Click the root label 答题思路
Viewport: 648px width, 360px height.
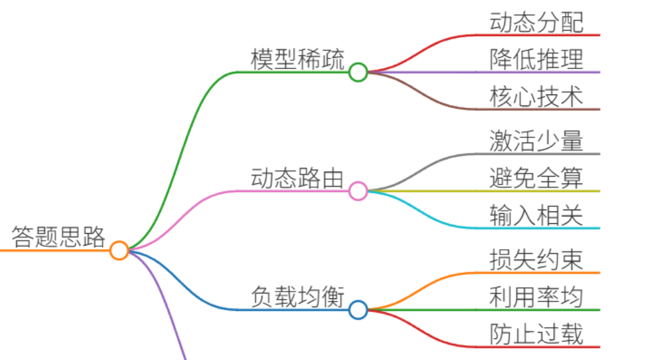(58, 237)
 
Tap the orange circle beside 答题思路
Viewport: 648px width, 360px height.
(119, 251)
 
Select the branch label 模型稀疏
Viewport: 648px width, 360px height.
(298, 59)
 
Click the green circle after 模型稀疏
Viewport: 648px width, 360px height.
(358, 72)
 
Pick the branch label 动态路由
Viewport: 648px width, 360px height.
(298, 178)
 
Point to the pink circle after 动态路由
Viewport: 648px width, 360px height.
(358, 191)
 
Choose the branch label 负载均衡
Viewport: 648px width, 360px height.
(298, 297)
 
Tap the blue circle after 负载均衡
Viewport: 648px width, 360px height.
(358, 310)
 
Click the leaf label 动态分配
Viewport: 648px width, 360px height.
(536, 22)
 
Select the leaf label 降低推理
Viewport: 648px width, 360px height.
(536, 59)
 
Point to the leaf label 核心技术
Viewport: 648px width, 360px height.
(536, 96)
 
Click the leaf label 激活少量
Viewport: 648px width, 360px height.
(536, 141)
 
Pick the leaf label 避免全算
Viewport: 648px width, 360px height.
(536, 178)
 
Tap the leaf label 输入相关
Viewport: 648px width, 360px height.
(536, 215)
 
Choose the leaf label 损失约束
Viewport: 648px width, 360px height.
(536, 260)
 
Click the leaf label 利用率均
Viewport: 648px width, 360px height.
(536, 297)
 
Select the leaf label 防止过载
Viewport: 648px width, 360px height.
(536, 334)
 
